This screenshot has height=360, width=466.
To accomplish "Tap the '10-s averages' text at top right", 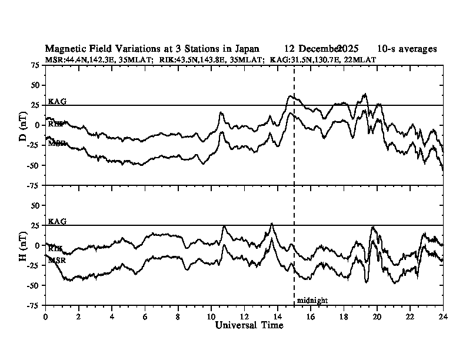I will tap(407, 49).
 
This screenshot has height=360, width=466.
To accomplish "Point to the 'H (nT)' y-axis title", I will tap(23, 246).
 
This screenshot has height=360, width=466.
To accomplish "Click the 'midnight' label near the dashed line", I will tap(312, 301).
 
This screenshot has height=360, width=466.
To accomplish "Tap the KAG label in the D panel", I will tap(57, 101).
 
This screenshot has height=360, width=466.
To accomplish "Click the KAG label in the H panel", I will tap(57, 221).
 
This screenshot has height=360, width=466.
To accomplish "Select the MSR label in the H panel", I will tap(57, 259).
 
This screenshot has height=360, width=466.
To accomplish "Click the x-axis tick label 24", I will tap(443, 316).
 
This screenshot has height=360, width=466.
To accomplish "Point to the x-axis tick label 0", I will tap(46, 316).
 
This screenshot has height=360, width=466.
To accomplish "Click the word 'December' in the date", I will tap(320, 49).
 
